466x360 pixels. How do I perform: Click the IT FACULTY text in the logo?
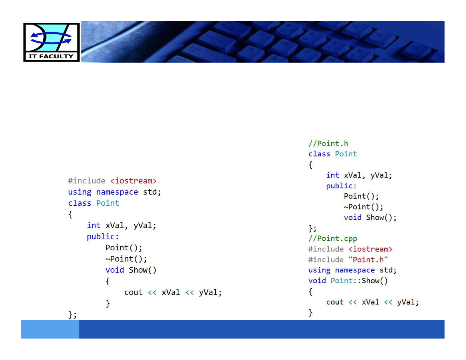pyautogui.click(x=51, y=56)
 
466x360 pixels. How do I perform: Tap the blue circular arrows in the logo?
pyautogui.click(x=51, y=38)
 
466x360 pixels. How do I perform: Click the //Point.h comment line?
pyautogui.click(x=328, y=144)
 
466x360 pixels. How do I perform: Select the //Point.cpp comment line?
pyautogui.click(x=333, y=239)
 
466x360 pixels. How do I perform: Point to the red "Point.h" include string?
pyautogui.click(x=368, y=260)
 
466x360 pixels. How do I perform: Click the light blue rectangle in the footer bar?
pyautogui.click(x=50, y=329)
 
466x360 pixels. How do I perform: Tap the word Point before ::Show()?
pyautogui.click(x=341, y=281)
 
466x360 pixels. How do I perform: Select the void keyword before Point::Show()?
pyautogui.click(x=317, y=281)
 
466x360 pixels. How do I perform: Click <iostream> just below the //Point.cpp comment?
pyautogui.click(x=370, y=249)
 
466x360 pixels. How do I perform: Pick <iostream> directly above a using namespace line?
pyautogui.click(x=133, y=181)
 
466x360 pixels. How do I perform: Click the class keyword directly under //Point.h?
pyautogui.click(x=319, y=154)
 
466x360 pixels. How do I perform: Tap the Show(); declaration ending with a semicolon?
pyautogui.click(x=381, y=217)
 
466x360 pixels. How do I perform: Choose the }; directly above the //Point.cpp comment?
pyautogui.click(x=313, y=228)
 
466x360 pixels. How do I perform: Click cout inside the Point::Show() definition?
pyautogui.click(x=335, y=302)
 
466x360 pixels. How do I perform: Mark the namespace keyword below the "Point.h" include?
pyautogui.click(x=355, y=270)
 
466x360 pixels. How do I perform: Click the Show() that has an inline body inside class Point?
pyautogui.click(x=142, y=270)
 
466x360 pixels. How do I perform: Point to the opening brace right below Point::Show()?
pyautogui.click(x=310, y=292)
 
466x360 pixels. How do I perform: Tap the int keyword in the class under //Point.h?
pyautogui.click(x=333, y=175)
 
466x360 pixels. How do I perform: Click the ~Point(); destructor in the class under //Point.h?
pyautogui.click(x=363, y=207)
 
